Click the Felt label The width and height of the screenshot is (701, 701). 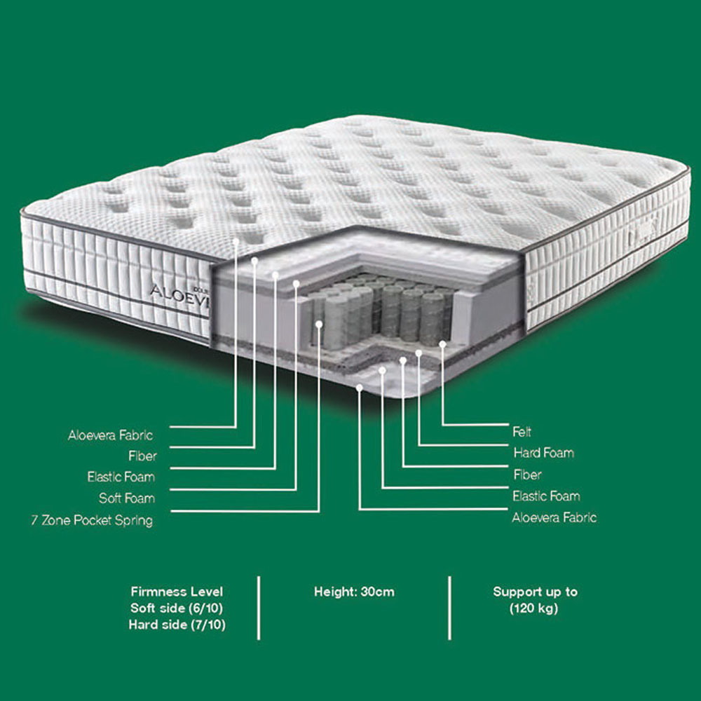click(x=522, y=432)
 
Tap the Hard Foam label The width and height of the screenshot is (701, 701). click(x=544, y=453)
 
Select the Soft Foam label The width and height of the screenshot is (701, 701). click(x=127, y=498)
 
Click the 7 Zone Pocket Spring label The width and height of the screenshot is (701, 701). click(x=92, y=520)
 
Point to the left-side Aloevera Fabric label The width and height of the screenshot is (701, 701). click(x=111, y=435)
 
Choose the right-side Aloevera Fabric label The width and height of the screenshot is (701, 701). click(x=554, y=518)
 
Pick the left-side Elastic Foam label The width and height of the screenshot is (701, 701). click(x=121, y=477)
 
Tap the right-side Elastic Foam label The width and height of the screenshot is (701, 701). click(x=546, y=496)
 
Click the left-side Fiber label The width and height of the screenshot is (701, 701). click(x=142, y=456)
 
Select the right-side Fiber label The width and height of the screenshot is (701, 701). click(x=528, y=475)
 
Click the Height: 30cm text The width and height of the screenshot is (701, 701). click(x=354, y=592)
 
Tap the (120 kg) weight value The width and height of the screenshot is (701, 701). click(x=533, y=608)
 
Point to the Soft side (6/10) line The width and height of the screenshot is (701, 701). click(x=177, y=608)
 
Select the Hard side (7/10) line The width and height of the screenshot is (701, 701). click(x=177, y=625)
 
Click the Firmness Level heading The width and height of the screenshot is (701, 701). click(x=177, y=592)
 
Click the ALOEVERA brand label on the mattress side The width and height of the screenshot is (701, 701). click(x=179, y=294)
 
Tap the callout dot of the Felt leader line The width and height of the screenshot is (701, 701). click(x=442, y=344)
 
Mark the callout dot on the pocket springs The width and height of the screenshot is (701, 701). click(x=319, y=324)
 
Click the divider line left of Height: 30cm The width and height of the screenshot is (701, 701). click(x=259, y=608)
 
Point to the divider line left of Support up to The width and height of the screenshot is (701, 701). click(x=449, y=608)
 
